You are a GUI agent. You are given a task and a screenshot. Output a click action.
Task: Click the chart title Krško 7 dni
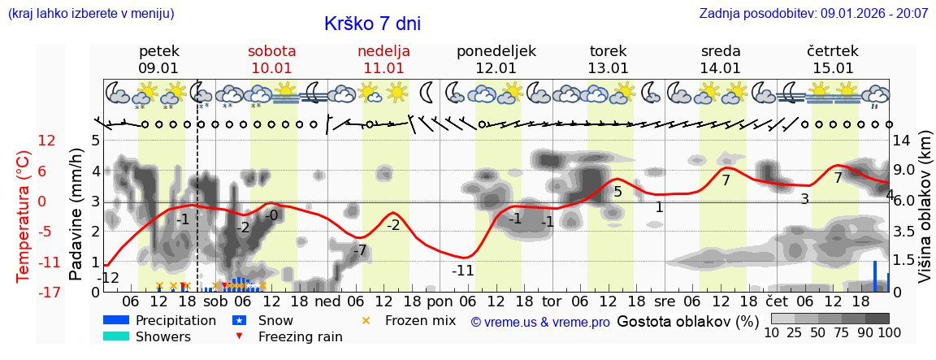click(372, 24)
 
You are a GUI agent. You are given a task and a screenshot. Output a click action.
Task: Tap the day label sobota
click(271, 50)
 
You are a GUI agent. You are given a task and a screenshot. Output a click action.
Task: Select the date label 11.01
click(383, 68)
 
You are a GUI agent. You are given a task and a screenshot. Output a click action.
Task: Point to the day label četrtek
click(833, 50)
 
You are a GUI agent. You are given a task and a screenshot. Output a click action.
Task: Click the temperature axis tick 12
click(47, 141)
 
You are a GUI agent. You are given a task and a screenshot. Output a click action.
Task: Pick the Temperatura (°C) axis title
click(23, 216)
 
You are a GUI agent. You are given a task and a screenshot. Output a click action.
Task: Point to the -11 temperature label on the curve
click(462, 271)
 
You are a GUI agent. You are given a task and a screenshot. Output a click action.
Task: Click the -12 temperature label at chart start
click(108, 279)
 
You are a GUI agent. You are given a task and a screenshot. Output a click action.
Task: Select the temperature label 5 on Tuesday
click(617, 193)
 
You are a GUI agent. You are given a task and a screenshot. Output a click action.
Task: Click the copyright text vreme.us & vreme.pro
click(540, 323)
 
